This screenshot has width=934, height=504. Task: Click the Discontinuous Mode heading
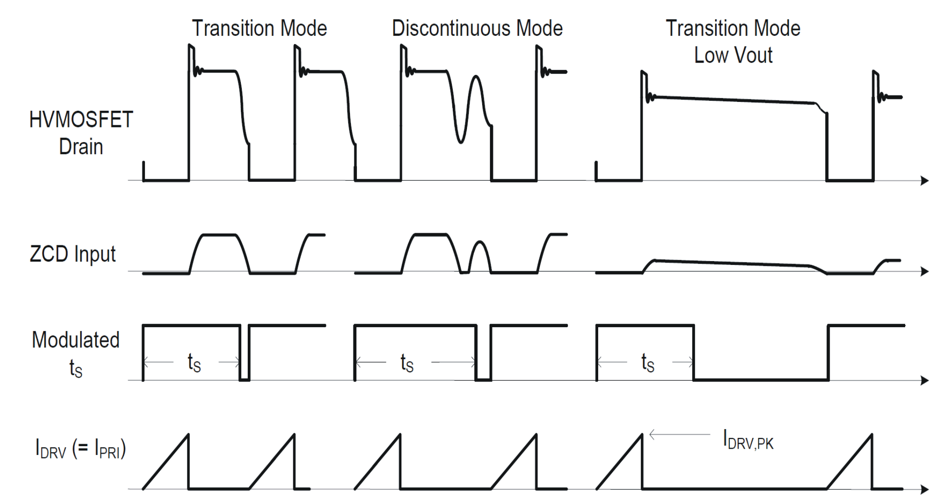[477, 28]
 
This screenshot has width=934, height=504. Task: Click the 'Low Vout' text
[733, 55]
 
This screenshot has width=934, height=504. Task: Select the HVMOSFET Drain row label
[81, 133]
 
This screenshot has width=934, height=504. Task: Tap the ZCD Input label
[72, 254]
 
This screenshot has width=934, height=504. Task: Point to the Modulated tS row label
[75, 353]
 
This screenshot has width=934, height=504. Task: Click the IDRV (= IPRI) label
[81, 449]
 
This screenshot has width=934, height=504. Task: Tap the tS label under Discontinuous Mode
[407, 363]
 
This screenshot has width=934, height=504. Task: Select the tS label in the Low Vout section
[648, 363]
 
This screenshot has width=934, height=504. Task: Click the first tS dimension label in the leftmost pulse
[194, 363]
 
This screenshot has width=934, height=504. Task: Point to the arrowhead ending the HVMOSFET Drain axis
[925, 181]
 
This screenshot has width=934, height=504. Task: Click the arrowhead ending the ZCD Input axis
[925, 271]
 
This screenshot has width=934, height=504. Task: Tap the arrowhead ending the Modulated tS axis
[925, 381]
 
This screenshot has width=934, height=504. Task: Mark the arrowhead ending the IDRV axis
[925, 489]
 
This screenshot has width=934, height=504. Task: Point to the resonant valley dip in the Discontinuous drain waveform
[460, 140]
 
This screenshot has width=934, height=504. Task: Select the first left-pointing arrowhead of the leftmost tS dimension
[145, 362]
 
